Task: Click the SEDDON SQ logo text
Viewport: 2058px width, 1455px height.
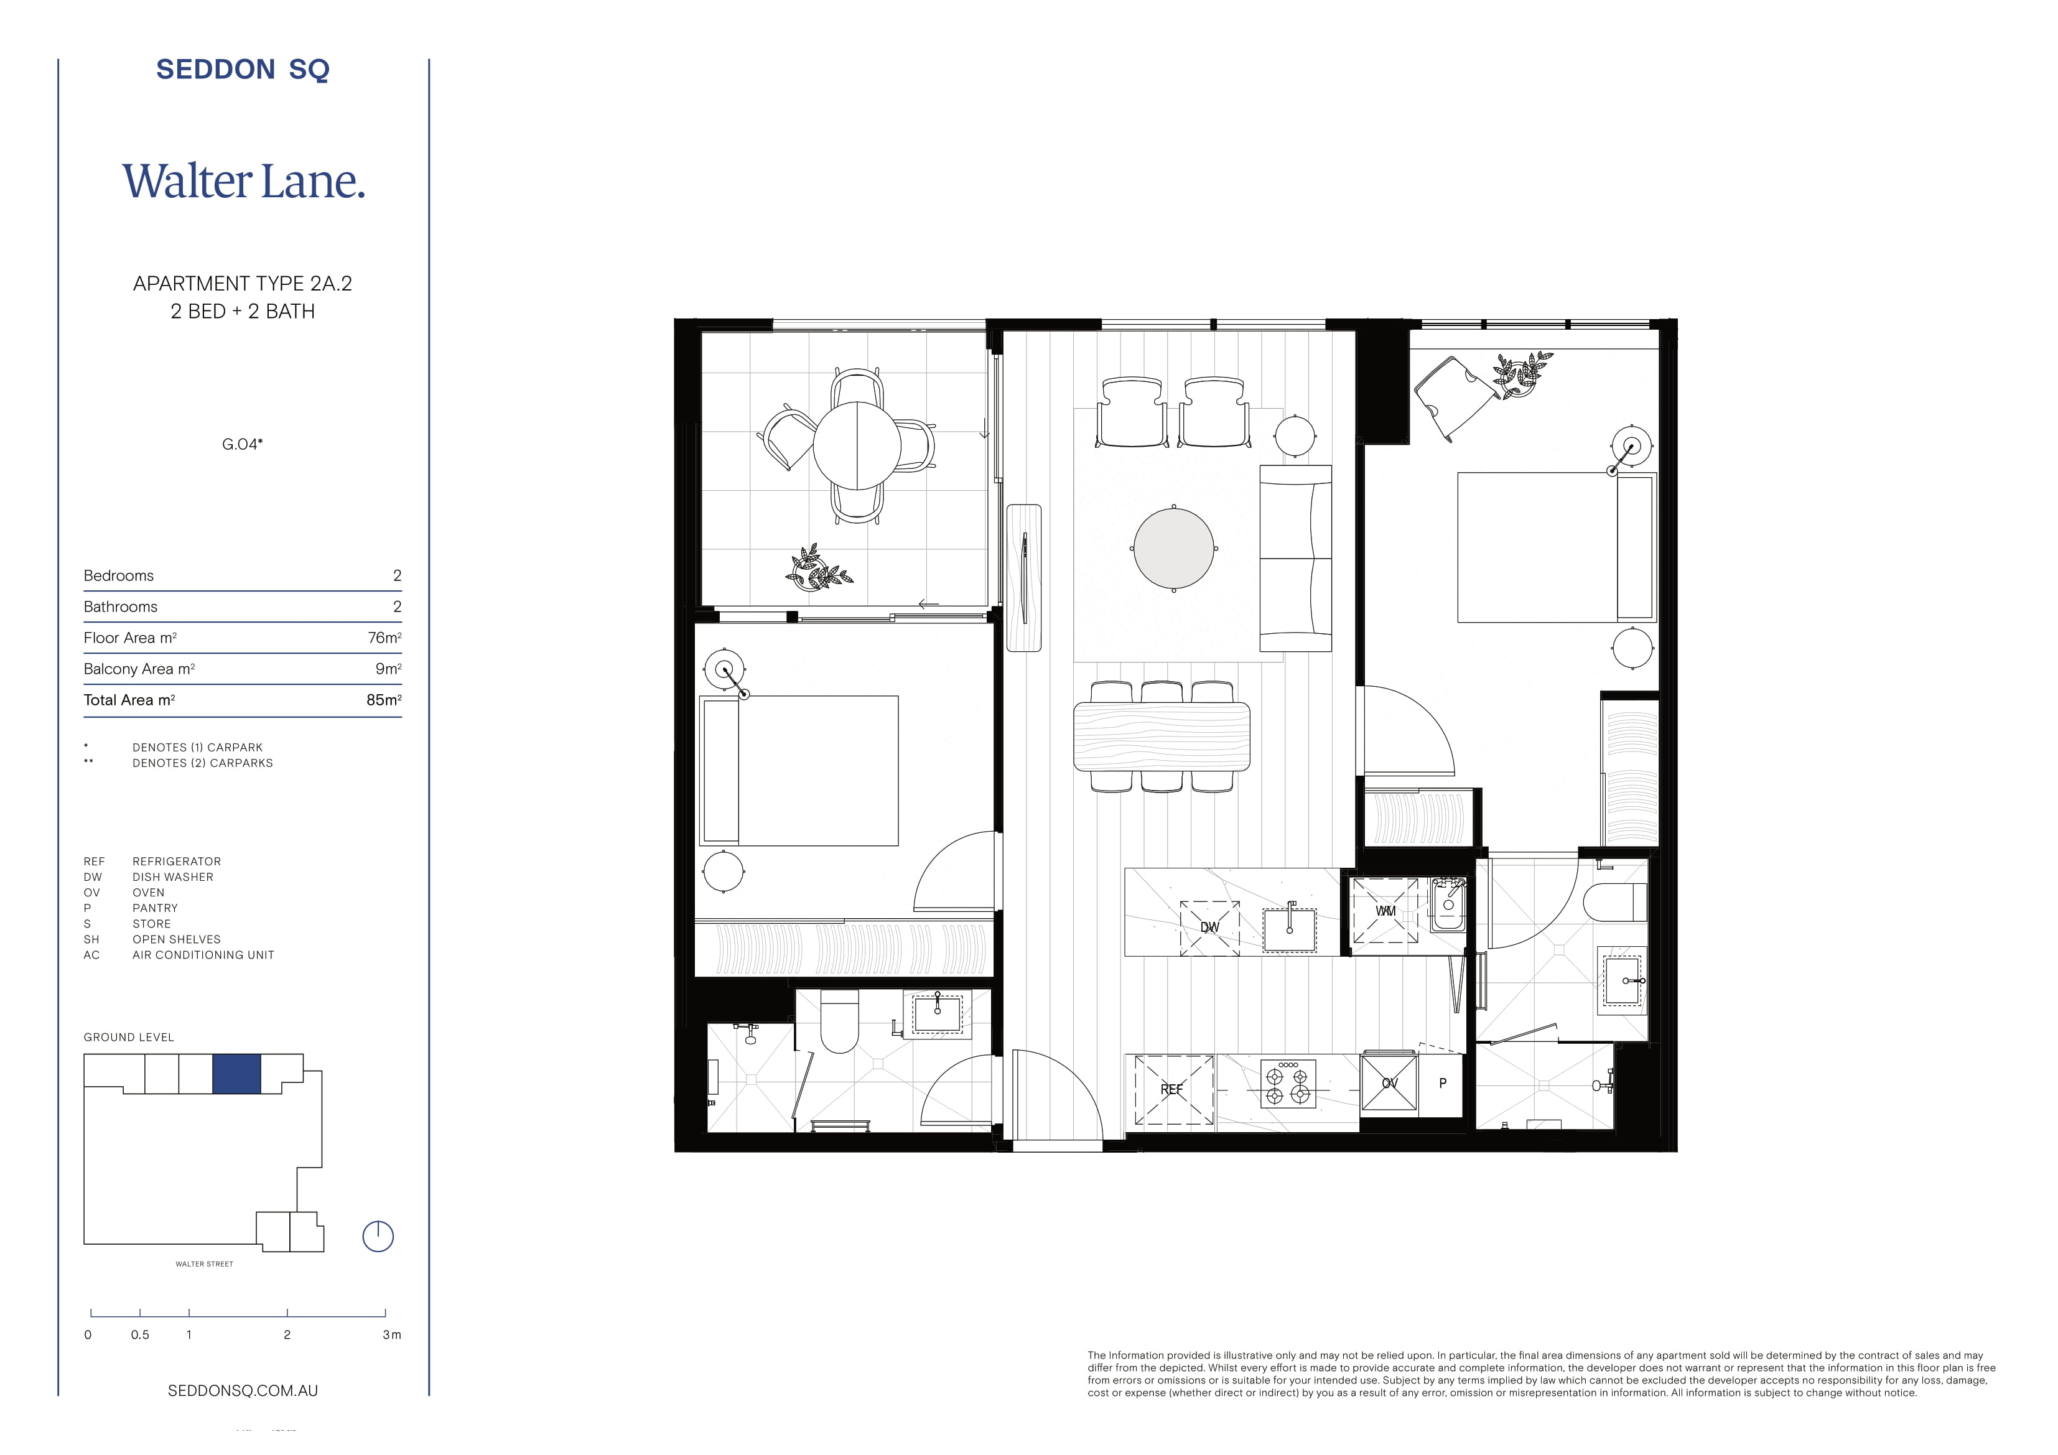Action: pos(243,69)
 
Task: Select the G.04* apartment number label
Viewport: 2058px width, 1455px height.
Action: pos(242,444)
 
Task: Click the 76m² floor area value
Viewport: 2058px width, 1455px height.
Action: pos(384,638)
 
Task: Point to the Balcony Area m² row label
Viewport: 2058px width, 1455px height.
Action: pos(139,669)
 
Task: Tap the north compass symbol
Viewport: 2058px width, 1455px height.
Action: pos(378,1236)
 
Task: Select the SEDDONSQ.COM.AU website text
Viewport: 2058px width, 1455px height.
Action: pos(243,1390)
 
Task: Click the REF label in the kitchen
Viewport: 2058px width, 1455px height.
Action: pos(1171,1089)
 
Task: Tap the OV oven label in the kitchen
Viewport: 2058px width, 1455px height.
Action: pos(1389,1083)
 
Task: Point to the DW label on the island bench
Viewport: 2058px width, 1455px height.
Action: pos(1210,927)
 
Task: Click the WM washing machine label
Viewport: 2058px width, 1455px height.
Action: pos(1385,911)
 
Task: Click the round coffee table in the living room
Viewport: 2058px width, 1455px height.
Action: pos(1173,548)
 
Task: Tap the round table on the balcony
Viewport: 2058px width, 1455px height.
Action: pos(857,445)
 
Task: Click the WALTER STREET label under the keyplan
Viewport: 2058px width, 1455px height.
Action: pos(204,1264)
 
